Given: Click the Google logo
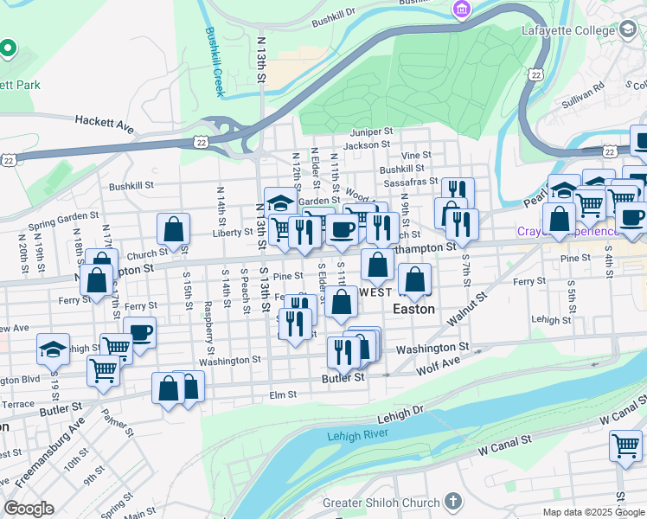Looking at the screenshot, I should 29,509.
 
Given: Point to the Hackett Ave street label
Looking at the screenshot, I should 104,125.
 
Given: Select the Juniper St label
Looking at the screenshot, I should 371,132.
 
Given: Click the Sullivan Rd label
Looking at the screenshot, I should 587,92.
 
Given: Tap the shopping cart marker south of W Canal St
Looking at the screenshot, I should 625,446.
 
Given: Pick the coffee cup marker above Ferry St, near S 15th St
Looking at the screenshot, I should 139,331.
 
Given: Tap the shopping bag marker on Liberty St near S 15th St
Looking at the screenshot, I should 173,229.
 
